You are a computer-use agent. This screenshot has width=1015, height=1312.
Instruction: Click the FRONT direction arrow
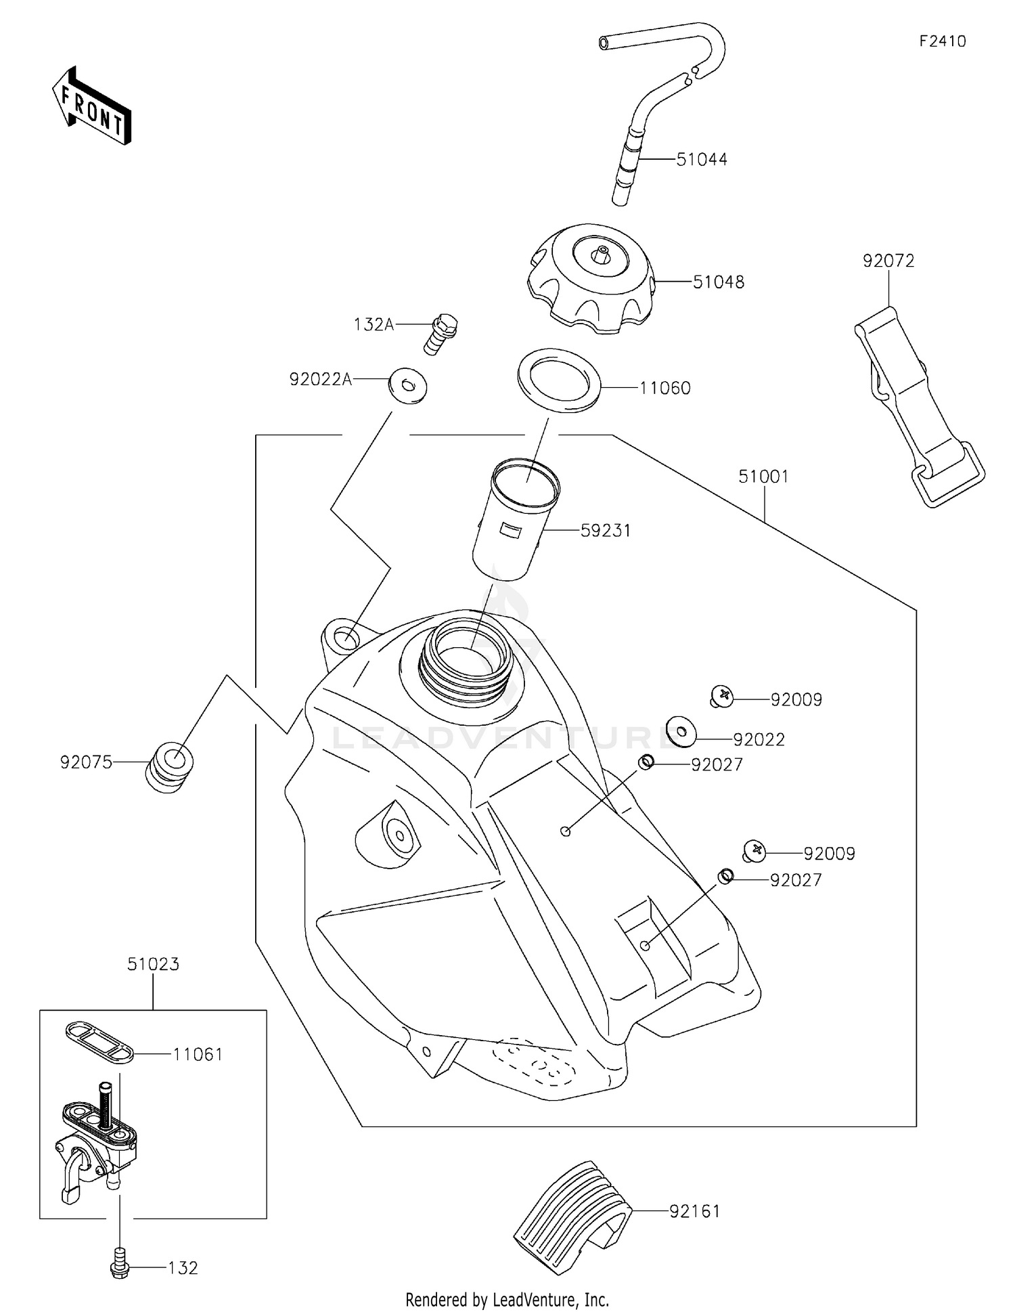tap(91, 107)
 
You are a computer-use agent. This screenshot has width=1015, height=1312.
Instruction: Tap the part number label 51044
tap(702, 160)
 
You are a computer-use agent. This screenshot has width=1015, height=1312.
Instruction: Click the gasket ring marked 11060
tap(559, 380)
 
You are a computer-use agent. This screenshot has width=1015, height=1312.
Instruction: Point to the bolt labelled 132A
tap(440, 332)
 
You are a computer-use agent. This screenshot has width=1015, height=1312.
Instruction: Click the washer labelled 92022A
tap(407, 387)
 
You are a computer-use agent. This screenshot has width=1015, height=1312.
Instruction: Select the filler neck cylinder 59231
tap(516, 519)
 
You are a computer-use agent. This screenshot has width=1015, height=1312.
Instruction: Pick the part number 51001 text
tap(763, 477)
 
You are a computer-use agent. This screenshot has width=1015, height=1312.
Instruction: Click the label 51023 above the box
tap(153, 964)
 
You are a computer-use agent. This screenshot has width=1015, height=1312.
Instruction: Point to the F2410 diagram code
tap(942, 41)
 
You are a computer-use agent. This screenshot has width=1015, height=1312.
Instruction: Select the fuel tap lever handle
tap(72, 1177)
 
